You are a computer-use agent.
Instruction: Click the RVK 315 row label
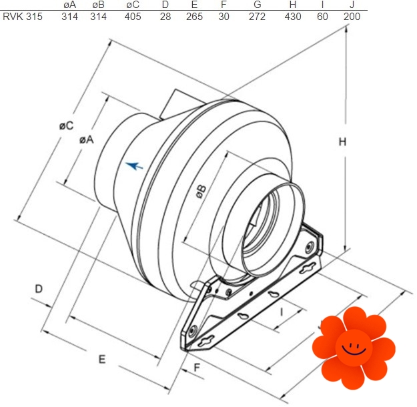click(23, 17)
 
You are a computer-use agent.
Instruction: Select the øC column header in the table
click(133, 5)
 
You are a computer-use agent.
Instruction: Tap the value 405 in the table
click(133, 17)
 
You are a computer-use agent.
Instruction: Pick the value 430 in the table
click(293, 17)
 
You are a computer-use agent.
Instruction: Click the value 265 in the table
click(194, 17)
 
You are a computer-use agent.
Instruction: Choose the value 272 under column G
click(257, 17)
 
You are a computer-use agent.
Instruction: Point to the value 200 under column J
click(352, 17)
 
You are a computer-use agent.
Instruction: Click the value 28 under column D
click(165, 17)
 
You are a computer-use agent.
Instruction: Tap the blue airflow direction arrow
click(134, 165)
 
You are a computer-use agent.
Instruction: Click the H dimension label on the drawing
click(342, 142)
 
